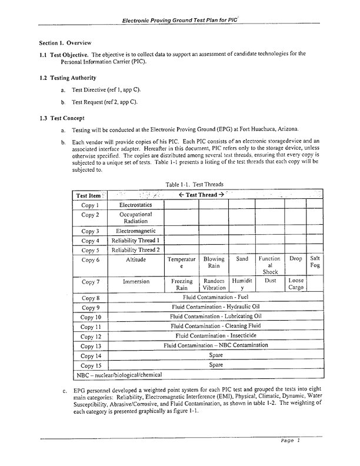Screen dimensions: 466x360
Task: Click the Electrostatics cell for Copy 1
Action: point(136,205)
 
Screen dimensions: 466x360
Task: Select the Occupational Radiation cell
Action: point(136,218)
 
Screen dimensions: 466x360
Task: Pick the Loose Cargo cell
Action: point(295,285)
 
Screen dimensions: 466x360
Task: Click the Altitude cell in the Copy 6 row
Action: point(136,259)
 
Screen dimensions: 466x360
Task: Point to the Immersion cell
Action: point(136,282)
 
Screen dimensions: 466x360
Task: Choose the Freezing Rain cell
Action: point(182,285)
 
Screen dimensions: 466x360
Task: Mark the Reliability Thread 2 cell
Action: point(136,250)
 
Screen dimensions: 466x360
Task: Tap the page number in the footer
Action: point(290,441)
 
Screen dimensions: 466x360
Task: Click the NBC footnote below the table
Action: point(119,374)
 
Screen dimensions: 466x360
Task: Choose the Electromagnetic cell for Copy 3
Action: point(136,231)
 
